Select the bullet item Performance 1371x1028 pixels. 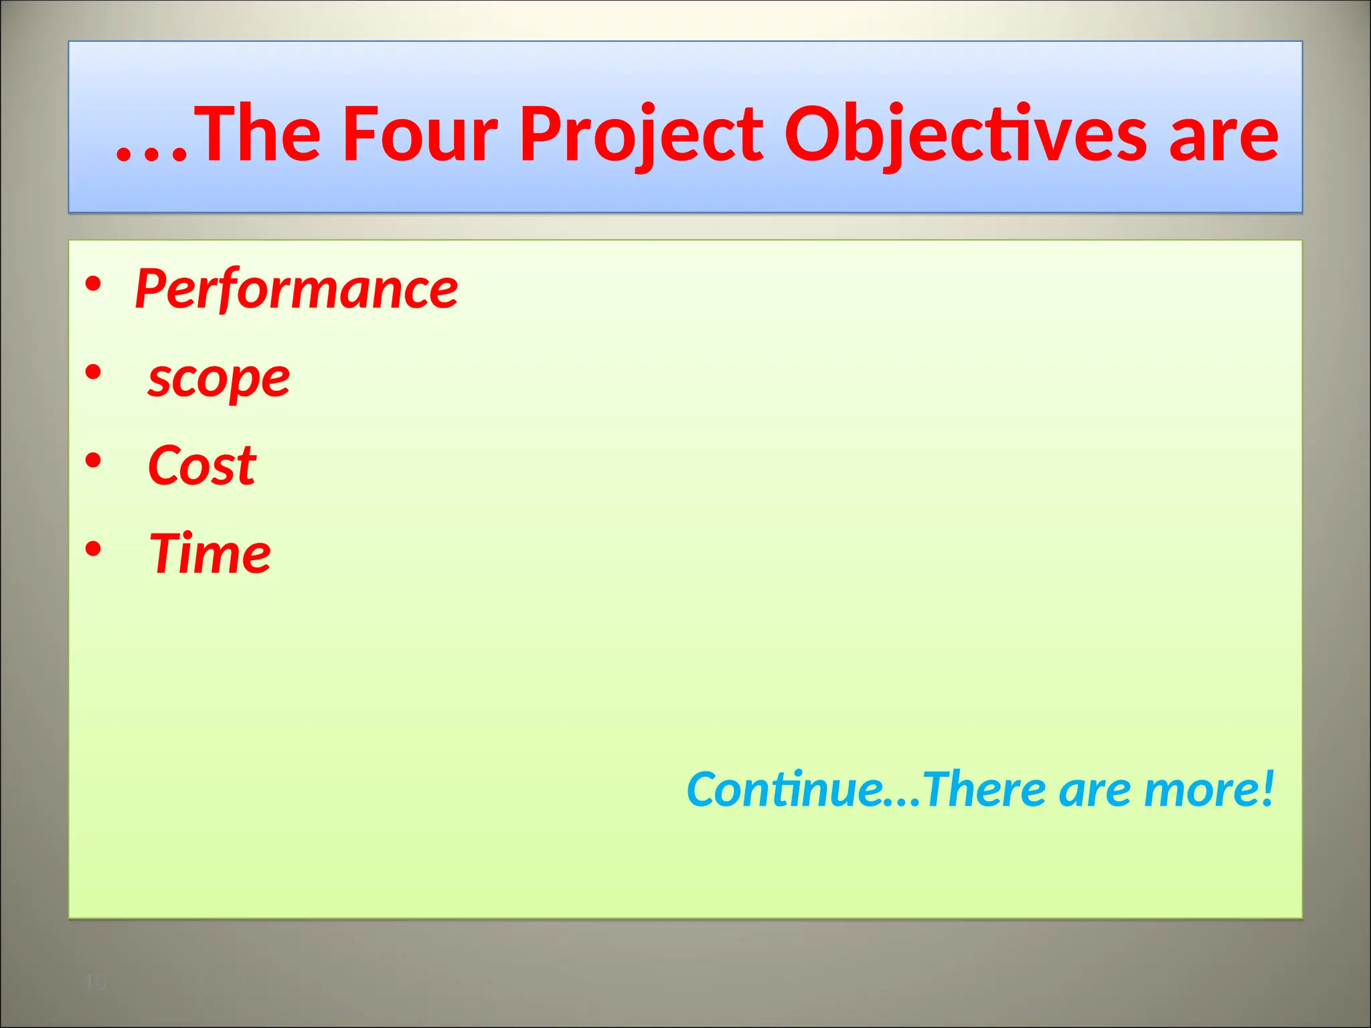point(297,289)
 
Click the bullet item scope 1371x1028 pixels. point(219,379)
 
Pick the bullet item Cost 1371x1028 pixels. point(201,465)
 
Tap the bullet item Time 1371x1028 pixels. point(210,553)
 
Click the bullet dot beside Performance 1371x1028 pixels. point(93,284)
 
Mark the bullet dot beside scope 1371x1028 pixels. point(93,372)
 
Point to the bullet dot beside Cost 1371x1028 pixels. point(93,460)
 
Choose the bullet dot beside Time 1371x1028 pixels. point(93,549)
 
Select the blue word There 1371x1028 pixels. point(985,789)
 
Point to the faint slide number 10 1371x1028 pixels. point(96,982)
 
